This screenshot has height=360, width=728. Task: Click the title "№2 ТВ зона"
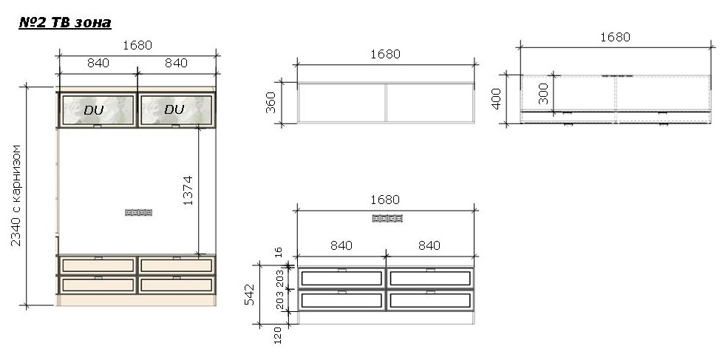[64, 23]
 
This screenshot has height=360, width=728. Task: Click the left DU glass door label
[94, 110]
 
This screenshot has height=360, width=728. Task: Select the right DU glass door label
[174, 109]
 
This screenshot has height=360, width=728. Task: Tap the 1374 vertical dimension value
[188, 191]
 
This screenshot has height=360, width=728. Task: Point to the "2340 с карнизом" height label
[16, 195]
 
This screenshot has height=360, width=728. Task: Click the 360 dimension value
[271, 103]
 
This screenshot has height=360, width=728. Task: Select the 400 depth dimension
[497, 99]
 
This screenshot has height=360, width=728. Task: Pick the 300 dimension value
[542, 93]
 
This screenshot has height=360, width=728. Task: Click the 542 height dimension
[249, 294]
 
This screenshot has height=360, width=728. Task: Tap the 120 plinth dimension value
[278, 336]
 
